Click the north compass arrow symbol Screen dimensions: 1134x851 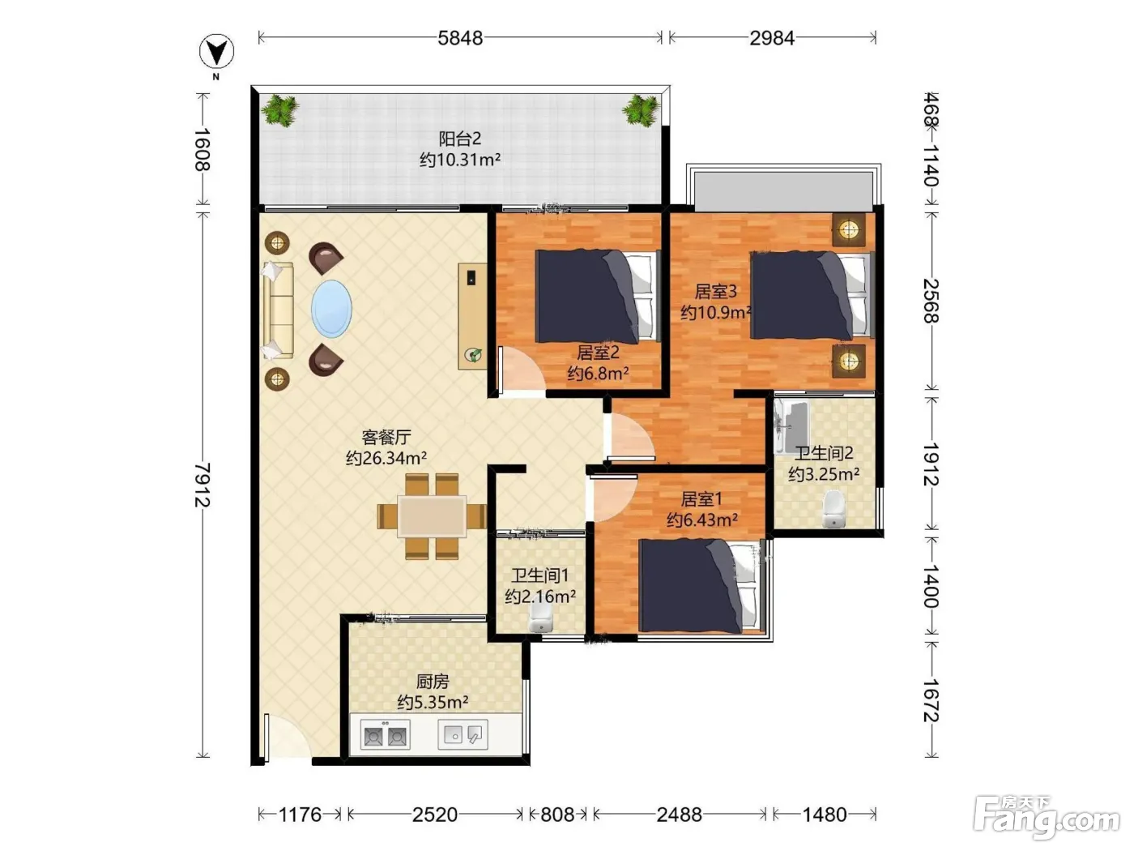pyautogui.click(x=216, y=52)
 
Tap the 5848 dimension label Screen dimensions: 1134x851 pyautogui.click(x=460, y=38)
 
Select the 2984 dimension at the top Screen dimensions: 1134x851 pyautogui.click(x=772, y=38)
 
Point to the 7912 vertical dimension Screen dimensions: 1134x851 pyautogui.click(x=202, y=485)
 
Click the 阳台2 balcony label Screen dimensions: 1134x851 pyautogui.click(x=460, y=139)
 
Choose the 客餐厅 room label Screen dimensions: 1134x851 pyautogui.click(x=386, y=437)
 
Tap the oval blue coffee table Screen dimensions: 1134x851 pyautogui.click(x=331, y=309)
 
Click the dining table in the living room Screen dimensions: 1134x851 pyautogui.click(x=432, y=515)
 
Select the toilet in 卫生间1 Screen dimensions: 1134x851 pyautogui.click(x=541, y=618)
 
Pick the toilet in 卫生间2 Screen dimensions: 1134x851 pyautogui.click(x=833, y=509)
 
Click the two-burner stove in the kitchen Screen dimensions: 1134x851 pyautogui.click(x=385, y=734)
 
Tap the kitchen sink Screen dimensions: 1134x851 pyautogui.click(x=463, y=734)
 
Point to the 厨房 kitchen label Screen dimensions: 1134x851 pyautogui.click(x=433, y=682)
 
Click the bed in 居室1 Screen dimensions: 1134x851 pyautogui.click(x=701, y=586)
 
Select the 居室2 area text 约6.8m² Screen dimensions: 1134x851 pyautogui.click(x=598, y=373)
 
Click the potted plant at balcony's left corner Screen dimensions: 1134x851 pyautogui.click(x=279, y=110)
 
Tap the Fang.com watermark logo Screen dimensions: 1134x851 pyautogui.click(x=1047, y=819)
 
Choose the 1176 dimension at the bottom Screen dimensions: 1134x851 pyautogui.click(x=300, y=815)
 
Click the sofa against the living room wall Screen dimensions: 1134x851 pyautogui.click(x=278, y=310)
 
